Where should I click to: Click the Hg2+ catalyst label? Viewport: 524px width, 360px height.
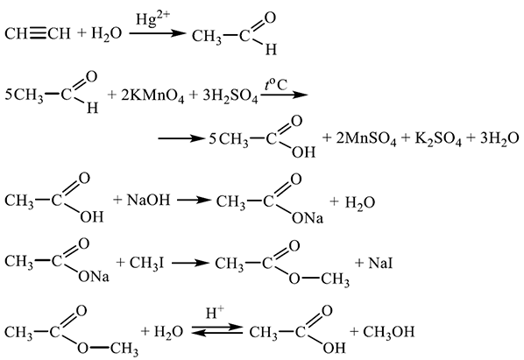click(152, 19)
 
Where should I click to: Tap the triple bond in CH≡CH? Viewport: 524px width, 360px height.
click(39, 34)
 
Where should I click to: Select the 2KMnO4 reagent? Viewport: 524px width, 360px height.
click(152, 95)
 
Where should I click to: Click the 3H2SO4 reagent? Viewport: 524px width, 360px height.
click(230, 95)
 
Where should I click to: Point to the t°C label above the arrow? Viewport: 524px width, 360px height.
click(276, 85)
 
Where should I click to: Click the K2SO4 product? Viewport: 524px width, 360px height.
click(438, 138)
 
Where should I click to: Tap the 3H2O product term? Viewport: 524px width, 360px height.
click(499, 138)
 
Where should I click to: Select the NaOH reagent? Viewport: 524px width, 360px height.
click(148, 201)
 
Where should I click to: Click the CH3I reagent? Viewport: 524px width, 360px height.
click(146, 264)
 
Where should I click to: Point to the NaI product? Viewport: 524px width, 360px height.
click(380, 264)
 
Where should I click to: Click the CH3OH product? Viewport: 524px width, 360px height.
click(389, 332)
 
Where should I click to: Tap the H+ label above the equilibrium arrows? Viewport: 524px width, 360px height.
click(215, 314)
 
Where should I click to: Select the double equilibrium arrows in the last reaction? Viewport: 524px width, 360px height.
click(217, 329)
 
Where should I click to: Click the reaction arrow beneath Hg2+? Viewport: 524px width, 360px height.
click(158, 33)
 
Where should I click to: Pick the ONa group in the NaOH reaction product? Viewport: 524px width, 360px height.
click(308, 218)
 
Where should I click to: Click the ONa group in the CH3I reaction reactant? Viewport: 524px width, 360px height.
click(93, 277)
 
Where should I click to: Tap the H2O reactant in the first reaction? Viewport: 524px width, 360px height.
click(107, 34)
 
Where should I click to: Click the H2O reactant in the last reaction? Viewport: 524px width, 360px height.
click(169, 332)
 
